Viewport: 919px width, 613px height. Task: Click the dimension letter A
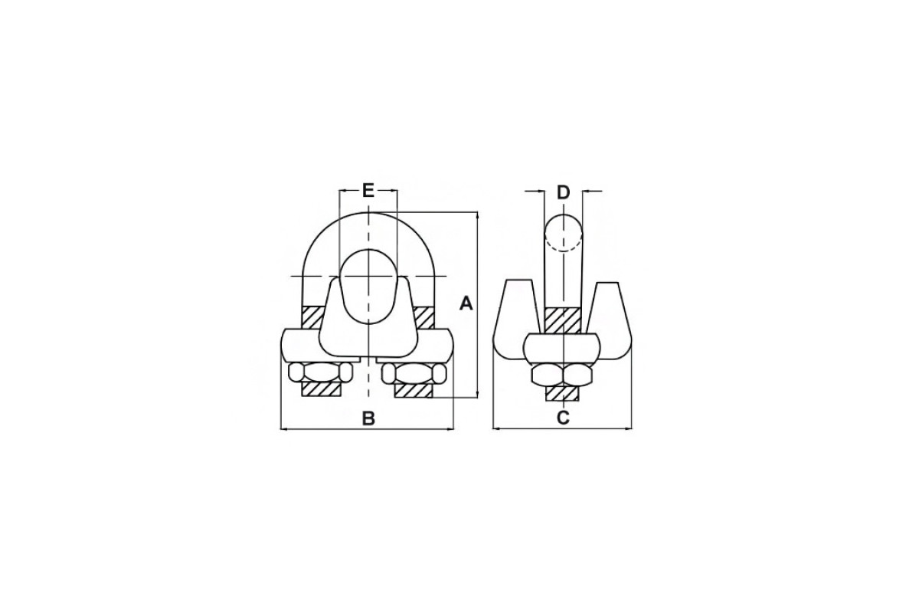pos(466,304)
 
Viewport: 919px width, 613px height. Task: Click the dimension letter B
pos(368,418)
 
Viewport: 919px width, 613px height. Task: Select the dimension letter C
pos(564,417)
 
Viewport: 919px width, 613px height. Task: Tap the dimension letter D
pos(564,192)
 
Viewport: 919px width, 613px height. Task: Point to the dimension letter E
pos(368,191)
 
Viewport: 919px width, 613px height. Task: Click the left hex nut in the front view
pos(320,372)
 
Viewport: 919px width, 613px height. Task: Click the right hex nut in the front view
pos(414,374)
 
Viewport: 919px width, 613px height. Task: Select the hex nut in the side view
pos(563,375)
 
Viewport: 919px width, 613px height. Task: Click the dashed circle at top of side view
pos(564,233)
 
